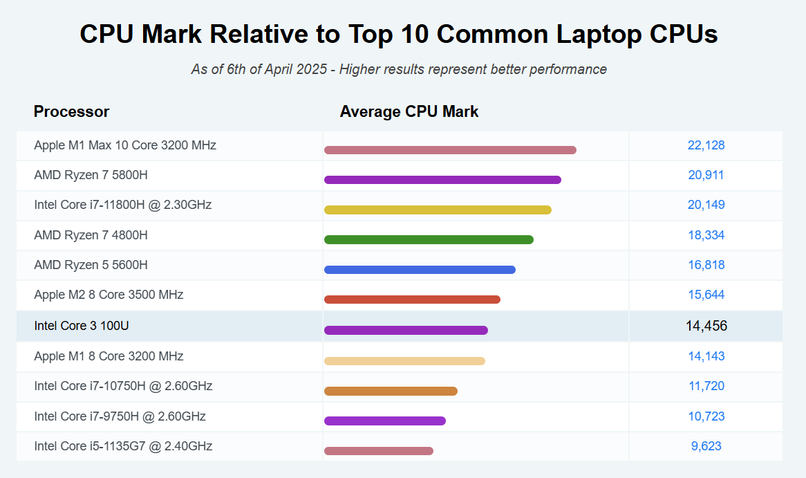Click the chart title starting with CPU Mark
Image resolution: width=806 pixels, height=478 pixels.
pyautogui.click(x=399, y=34)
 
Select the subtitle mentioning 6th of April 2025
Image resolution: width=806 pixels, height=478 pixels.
pyautogui.click(x=399, y=69)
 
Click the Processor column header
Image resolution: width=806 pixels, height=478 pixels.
pyautogui.click(x=71, y=111)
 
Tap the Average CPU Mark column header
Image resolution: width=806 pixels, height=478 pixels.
pyautogui.click(x=409, y=111)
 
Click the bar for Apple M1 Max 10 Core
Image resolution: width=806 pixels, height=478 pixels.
pyautogui.click(x=450, y=150)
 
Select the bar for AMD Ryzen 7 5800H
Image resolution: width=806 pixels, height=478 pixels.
pyautogui.click(x=442, y=180)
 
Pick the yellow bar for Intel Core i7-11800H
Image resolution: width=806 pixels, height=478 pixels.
pyautogui.click(x=438, y=210)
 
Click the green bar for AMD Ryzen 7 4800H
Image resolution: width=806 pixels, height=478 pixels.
pyautogui.click(x=429, y=239)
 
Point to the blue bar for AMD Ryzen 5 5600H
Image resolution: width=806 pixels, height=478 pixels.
pyautogui.click(x=420, y=270)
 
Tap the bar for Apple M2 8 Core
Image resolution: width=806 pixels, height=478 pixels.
pyautogui.click(x=412, y=300)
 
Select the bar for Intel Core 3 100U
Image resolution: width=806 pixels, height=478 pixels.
pyautogui.click(x=406, y=330)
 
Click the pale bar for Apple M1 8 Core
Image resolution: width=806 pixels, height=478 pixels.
pyautogui.click(x=404, y=360)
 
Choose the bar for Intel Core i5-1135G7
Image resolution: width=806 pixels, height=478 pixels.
pyautogui.click(x=379, y=451)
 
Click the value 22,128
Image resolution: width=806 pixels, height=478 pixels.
pyautogui.click(x=706, y=145)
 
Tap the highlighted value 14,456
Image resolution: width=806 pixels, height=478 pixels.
pyautogui.click(x=706, y=326)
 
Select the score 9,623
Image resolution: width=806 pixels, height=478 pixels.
pyautogui.click(x=706, y=446)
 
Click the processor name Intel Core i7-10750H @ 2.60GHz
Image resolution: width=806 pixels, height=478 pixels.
pyautogui.click(x=123, y=386)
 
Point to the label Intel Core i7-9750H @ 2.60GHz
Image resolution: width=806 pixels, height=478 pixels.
pyautogui.click(x=120, y=416)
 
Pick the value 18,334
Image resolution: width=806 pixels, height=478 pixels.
pyautogui.click(x=706, y=235)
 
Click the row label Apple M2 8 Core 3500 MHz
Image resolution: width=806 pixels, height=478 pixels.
pyautogui.click(x=109, y=295)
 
